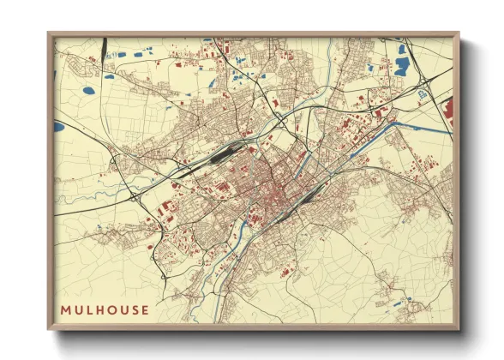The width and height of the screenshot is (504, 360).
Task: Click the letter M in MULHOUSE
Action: pyautogui.click(x=65, y=309)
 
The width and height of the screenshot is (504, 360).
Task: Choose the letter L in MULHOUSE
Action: pyautogui.click(x=91, y=309)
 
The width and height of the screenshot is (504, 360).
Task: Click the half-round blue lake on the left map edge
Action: pyautogui.click(x=58, y=126)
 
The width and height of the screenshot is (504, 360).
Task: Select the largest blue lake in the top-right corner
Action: pyautogui.click(x=402, y=66)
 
